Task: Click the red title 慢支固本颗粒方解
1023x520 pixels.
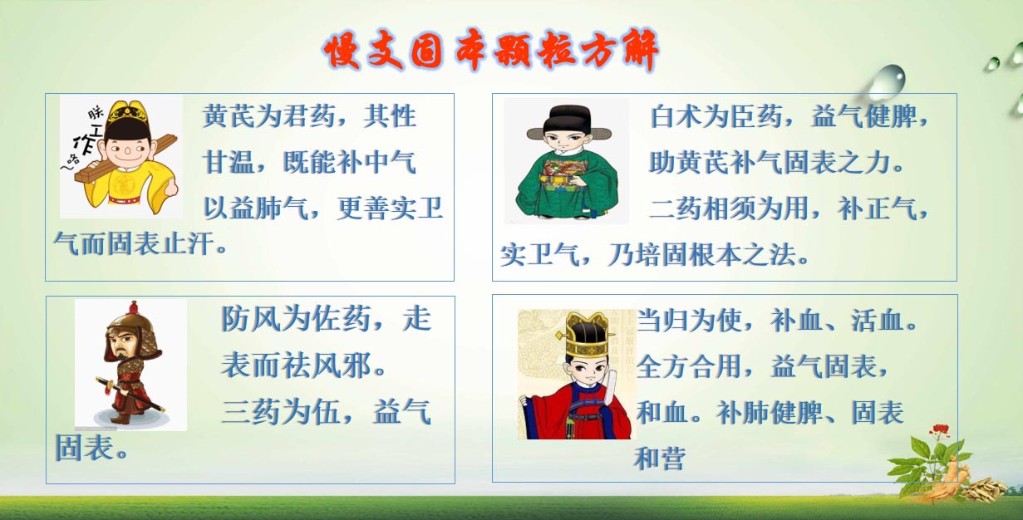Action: click(x=491, y=52)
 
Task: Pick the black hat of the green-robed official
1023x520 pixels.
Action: click(x=568, y=121)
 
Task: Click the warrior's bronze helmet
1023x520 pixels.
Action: click(x=130, y=324)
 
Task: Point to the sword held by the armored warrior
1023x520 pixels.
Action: click(x=130, y=394)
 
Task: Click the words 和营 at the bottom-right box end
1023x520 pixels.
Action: click(x=660, y=459)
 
